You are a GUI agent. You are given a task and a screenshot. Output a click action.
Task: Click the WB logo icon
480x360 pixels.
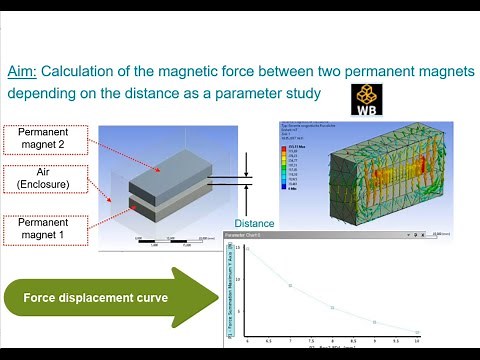tap(366, 99)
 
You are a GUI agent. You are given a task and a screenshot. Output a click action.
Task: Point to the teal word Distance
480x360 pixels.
tap(254, 223)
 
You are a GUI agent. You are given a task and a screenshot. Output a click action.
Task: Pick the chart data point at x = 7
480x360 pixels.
tap(290, 286)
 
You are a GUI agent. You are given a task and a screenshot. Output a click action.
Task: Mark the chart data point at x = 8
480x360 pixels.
tap(332, 308)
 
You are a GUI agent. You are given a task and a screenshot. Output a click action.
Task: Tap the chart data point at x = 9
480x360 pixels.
tap(374, 322)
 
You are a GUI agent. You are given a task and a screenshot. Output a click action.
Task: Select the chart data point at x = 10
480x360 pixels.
tap(417, 331)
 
